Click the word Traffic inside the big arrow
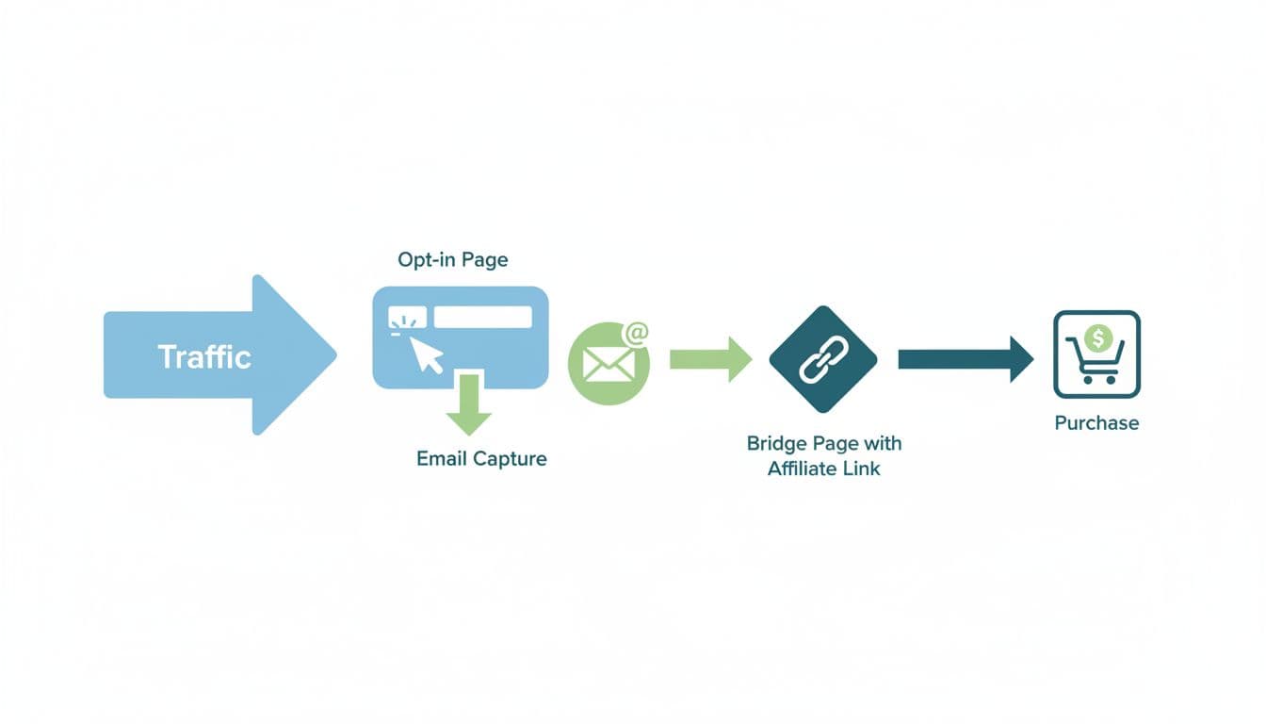click(x=204, y=357)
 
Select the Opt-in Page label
click(x=453, y=260)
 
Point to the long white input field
click(x=482, y=317)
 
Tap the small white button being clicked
click(x=408, y=318)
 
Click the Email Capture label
click(x=481, y=459)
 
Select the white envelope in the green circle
click(x=607, y=364)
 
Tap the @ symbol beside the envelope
click(x=636, y=333)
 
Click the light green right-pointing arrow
click(x=710, y=358)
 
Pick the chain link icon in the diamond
click(x=822, y=359)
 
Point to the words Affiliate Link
click(x=823, y=469)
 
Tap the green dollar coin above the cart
click(x=1096, y=337)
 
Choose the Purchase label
click(x=1096, y=423)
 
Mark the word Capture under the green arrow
click(x=510, y=459)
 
